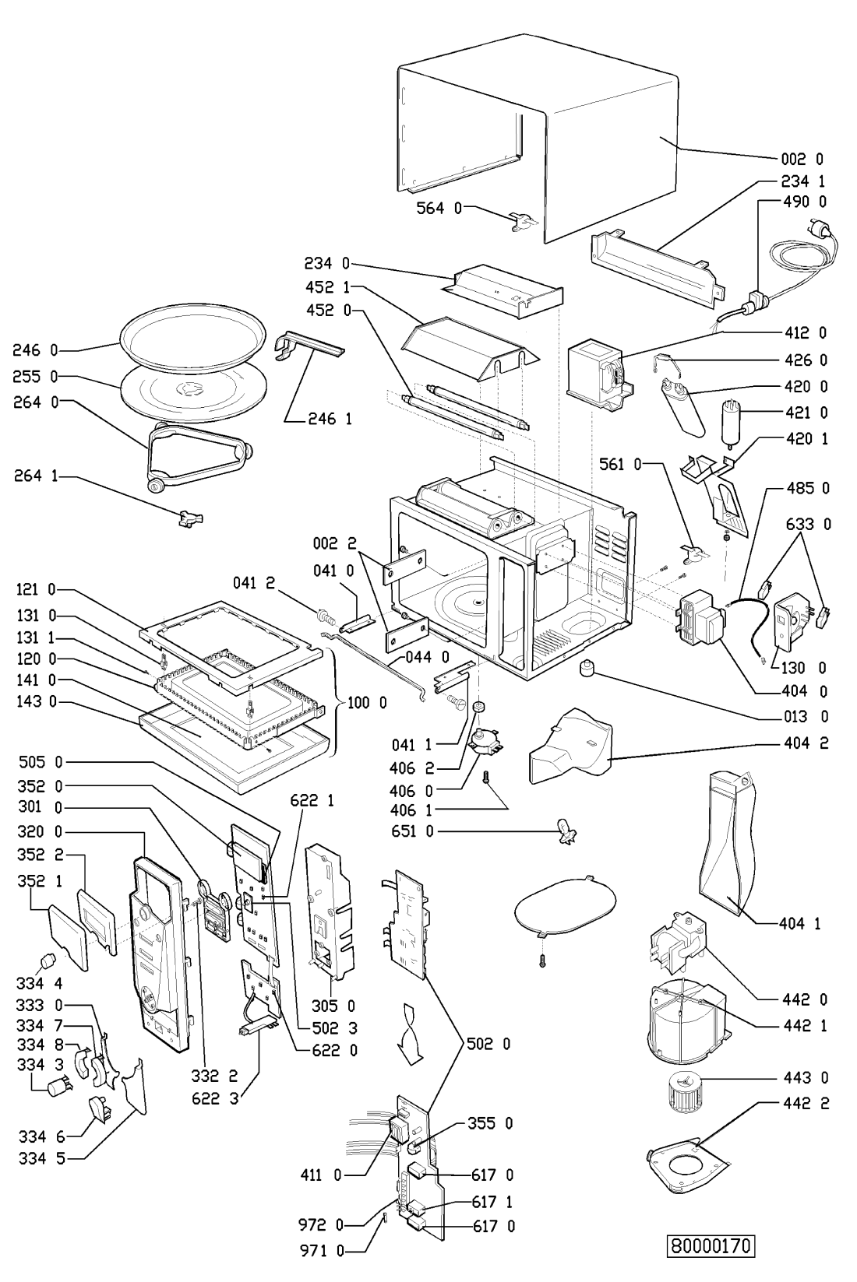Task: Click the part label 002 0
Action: [x=802, y=159]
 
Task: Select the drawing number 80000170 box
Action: [x=712, y=1245]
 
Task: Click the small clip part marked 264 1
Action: [x=189, y=518]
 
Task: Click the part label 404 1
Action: [x=802, y=924]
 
